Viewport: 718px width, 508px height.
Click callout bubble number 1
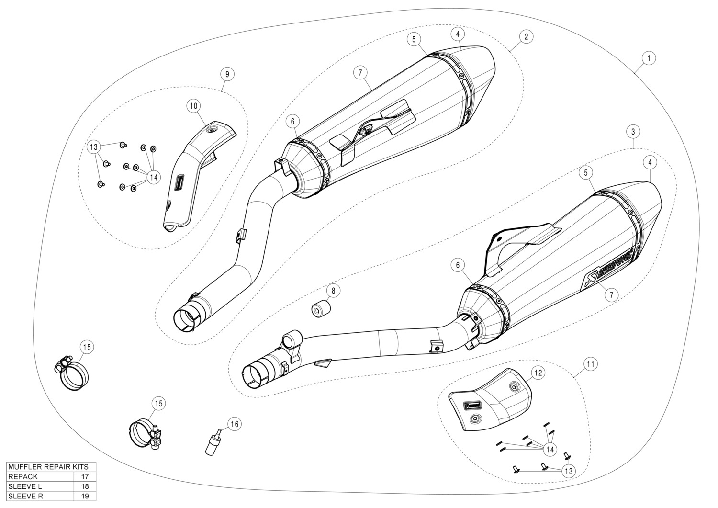(x=649, y=58)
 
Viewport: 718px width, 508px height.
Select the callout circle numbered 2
(x=526, y=36)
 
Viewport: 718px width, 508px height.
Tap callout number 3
(x=633, y=131)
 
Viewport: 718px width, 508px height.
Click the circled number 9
(x=227, y=74)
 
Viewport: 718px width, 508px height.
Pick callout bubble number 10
(x=194, y=106)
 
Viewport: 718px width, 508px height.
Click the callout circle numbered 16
(x=234, y=424)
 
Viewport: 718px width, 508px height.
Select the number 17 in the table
(x=85, y=476)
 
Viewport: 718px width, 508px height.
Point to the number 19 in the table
(x=85, y=497)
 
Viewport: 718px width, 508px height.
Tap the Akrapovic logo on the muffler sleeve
(x=608, y=268)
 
